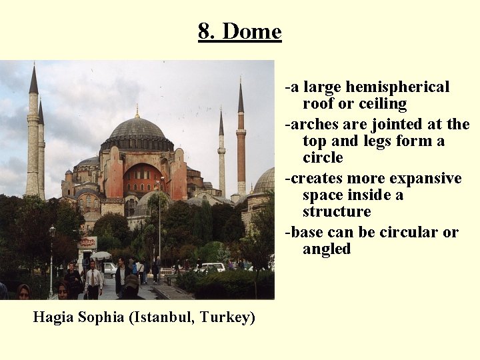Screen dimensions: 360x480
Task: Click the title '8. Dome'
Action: point(239,31)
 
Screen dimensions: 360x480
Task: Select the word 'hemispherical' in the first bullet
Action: point(397,87)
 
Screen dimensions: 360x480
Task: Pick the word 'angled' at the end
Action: point(326,249)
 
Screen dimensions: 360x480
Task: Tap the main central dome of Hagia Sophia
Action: point(137,129)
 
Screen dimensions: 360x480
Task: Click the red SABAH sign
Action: point(87,243)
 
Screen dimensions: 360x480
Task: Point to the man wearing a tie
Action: point(93,279)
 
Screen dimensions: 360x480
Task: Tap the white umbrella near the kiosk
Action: point(101,255)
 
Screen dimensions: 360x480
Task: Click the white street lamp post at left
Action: point(52,260)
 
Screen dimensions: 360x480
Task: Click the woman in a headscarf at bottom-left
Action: point(23,291)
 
